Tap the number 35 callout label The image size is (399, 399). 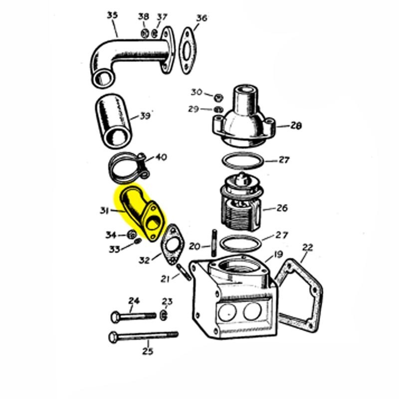point(112,15)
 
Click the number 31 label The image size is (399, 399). point(104,211)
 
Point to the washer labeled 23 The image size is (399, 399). point(164,315)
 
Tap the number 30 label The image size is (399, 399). point(197,92)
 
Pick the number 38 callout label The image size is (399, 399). point(143,17)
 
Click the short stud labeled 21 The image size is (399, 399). point(183,272)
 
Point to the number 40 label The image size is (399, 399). point(161,157)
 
